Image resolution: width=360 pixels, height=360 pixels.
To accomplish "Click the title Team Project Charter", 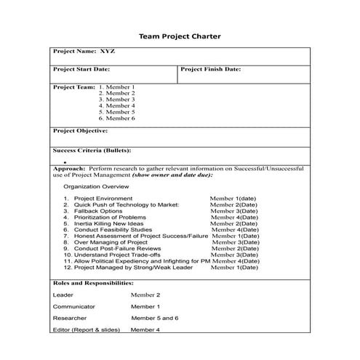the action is click(x=179, y=36).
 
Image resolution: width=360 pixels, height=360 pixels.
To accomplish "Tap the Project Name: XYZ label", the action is click(x=84, y=52).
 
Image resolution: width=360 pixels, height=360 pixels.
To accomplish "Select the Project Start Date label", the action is click(x=81, y=69).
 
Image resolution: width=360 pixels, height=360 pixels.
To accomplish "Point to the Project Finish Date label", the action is click(x=211, y=69).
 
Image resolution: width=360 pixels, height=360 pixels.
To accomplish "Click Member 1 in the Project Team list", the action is click(x=116, y=87).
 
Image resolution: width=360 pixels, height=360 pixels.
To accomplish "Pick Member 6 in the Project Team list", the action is click(x=116, y=119).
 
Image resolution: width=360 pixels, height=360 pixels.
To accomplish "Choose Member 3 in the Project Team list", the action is click(x=116, y=100).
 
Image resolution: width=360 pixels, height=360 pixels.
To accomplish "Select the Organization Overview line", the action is click(x=95, y=186).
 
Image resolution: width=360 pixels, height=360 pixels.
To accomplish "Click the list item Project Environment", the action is click(x=103, y=199).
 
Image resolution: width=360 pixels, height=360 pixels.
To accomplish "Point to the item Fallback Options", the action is click(x=98, y=211).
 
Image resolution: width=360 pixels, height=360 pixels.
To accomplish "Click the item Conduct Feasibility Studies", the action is click(x=113, y=230).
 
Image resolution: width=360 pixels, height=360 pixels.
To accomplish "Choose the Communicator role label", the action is click(x=74, y=307).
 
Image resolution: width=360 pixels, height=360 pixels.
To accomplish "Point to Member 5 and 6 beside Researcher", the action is click(x=155, y=319).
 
